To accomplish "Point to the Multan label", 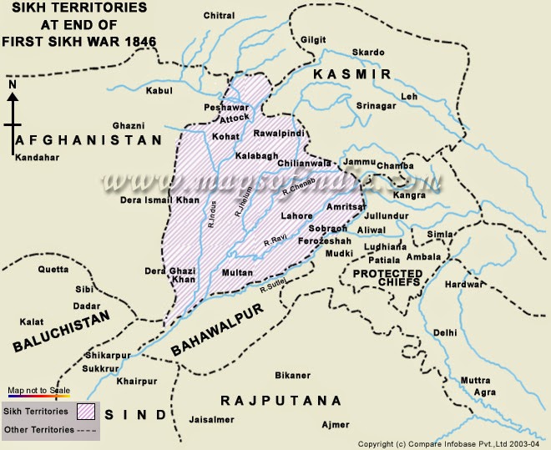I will tap(238, 273).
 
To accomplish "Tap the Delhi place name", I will tap(446, 332).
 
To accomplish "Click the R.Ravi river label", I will tap(276, 241).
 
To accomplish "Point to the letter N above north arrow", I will tap(12, 84).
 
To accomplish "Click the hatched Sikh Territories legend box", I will tap(88, 411).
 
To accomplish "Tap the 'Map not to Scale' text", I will tap(37, 390).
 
